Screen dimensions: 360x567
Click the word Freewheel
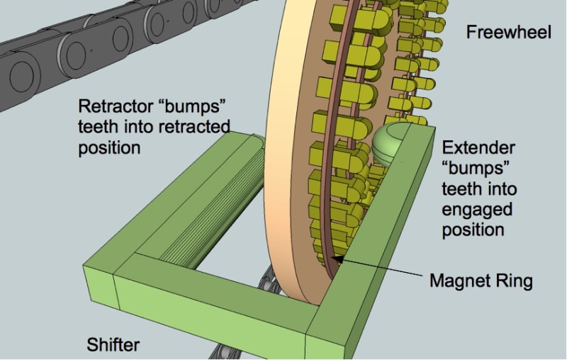click(508, 32)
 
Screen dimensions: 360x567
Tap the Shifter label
click(113, 345)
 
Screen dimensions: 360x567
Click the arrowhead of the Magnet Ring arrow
click(335, 259)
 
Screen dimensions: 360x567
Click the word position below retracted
click(110, 149)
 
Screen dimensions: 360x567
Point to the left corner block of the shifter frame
click(99, 283)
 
